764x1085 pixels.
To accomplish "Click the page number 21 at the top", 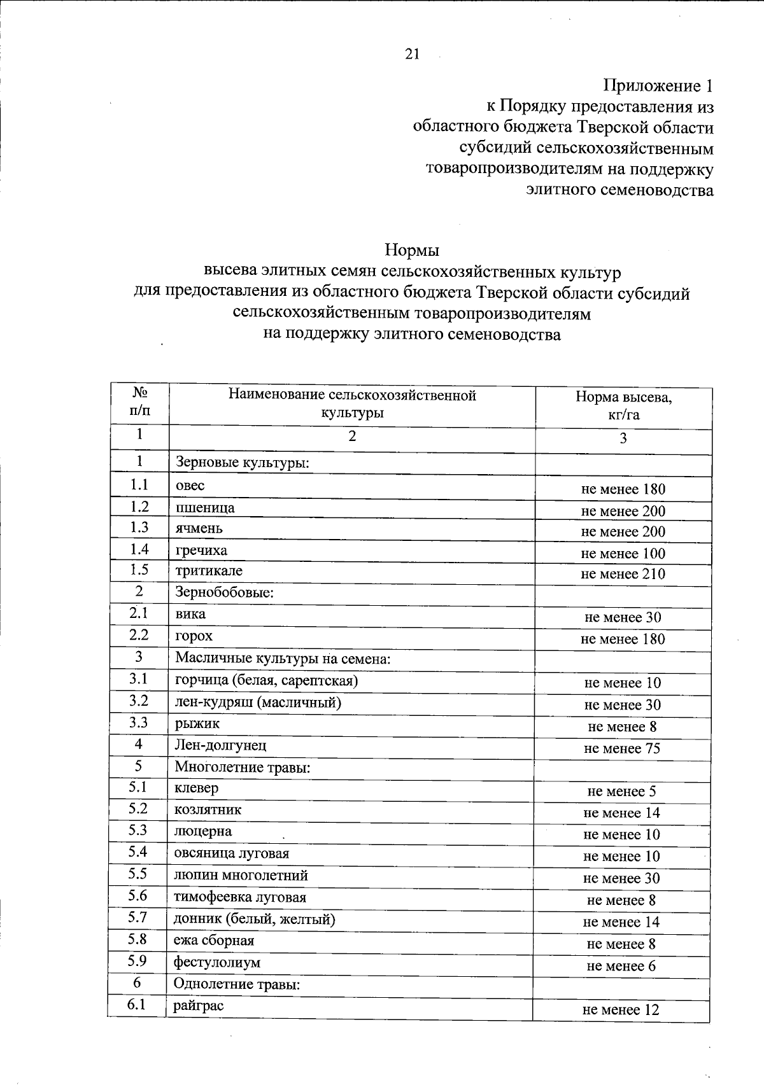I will point(412,55).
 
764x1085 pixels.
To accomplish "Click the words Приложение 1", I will point(658,86).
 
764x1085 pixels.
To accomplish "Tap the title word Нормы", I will point(412,250).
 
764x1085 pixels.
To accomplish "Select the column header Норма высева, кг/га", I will point(623,406).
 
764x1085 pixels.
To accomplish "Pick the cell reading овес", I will point(190,486).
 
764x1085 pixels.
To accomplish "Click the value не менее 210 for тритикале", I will point(623,574).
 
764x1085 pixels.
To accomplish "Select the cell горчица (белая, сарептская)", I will point(266,680).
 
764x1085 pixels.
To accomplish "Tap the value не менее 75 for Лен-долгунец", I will point(622,748).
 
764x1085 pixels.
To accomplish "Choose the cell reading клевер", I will point(196,788).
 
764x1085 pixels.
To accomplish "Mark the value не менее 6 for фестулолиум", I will point(621,966).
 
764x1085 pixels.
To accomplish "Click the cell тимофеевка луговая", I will point(240,897).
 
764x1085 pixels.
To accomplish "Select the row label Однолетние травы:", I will point(237,984).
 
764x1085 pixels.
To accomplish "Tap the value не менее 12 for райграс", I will point(621,1010).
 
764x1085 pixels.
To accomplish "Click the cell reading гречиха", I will point(201,550).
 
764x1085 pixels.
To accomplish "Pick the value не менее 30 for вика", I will point(622,617).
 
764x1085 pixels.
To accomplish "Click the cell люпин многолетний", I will point(241,875).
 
